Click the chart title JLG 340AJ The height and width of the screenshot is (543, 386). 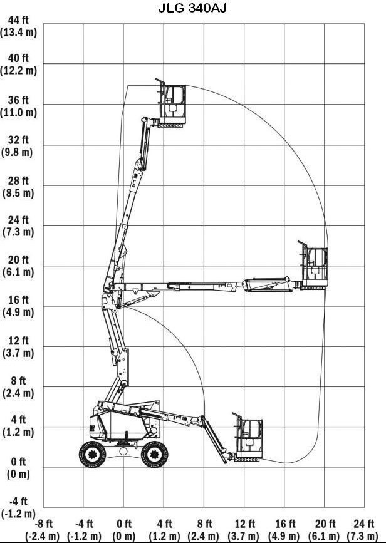point(192,8)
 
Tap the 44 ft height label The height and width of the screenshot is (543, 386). point(18,20)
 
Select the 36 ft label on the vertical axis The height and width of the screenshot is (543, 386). point(18,100)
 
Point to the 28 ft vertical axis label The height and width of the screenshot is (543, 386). point(18,181)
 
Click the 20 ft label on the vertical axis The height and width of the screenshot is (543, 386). point(18,260)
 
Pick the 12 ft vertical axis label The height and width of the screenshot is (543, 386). point(18,341)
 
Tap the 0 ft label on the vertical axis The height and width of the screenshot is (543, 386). point(18,462)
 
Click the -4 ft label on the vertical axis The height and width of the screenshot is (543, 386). point(18,501)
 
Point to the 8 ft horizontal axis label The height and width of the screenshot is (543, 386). point(204,523)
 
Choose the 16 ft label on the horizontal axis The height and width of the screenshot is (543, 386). point(285,523)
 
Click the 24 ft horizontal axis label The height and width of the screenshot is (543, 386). point(364,523)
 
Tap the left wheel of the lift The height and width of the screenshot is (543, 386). point(93,454)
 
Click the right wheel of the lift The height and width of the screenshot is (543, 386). point(155,454)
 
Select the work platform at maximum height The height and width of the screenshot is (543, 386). point(171,103)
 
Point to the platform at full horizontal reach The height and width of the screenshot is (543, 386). point(313,266)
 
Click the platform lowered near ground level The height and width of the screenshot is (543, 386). point(248,437)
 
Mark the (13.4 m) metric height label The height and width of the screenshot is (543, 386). point(18,33)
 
